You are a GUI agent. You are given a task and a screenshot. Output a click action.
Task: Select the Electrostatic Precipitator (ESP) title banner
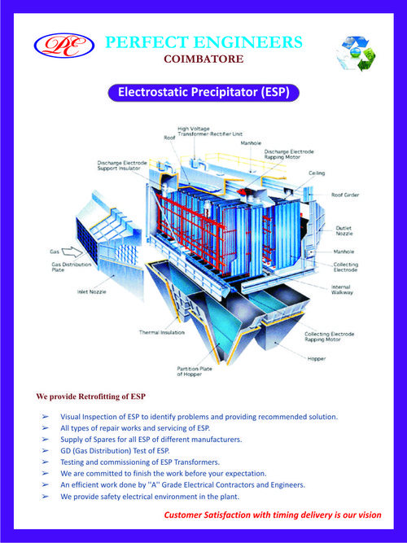click(x=203, y=93)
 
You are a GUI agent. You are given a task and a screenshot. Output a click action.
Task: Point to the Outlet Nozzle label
click(x=345, y=231)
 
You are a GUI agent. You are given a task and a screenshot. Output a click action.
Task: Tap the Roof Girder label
click(x=344, y=195)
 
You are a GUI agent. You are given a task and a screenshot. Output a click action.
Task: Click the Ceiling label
click(x=317, y=173)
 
